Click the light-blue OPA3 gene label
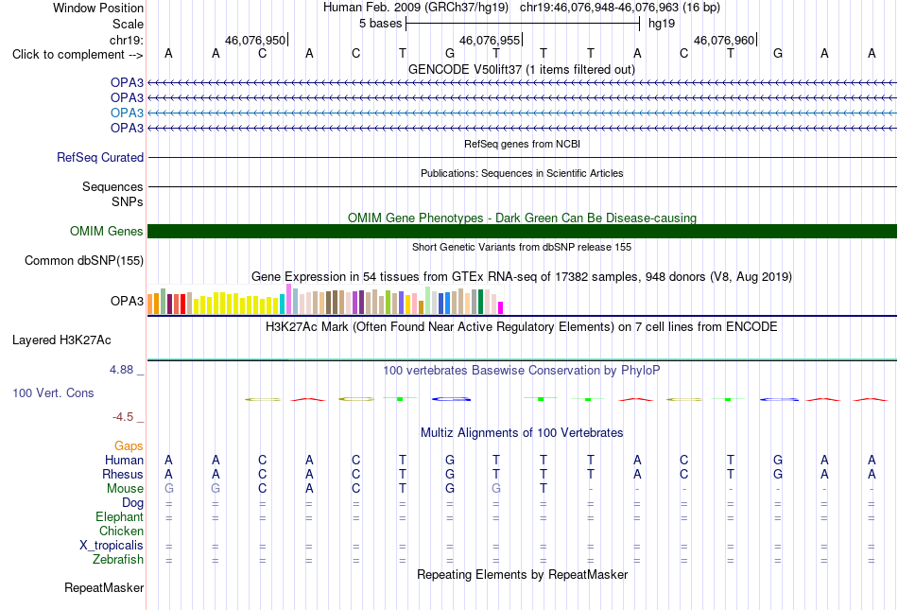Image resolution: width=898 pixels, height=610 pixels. pos(127,113)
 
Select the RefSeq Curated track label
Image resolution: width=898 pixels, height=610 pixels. pos(100,157)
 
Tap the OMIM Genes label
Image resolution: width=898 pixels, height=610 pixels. pos(107,231)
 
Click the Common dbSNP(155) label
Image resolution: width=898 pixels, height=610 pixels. pos(83,261)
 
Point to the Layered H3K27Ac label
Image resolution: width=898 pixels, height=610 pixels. pos(61,340)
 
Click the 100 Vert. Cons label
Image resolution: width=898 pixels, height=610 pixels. pos(53,392)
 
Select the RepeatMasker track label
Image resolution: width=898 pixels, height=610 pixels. pos(104,587)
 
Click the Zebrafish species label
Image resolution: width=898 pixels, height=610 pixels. pos(118,559)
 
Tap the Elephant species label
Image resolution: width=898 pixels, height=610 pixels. pos(119,516)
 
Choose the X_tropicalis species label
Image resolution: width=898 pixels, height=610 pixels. pos(112,546)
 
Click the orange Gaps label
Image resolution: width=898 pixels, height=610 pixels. pos(129,445)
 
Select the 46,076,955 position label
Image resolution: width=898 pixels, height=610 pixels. pos(490,40)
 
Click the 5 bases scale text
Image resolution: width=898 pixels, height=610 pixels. pos(380,24)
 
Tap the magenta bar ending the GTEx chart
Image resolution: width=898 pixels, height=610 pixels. pos(500,307)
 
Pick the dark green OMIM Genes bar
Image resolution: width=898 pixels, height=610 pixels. pos(522,231)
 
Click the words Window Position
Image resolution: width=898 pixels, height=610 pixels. pos(98,8)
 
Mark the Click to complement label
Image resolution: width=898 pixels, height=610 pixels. pos(78,55)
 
